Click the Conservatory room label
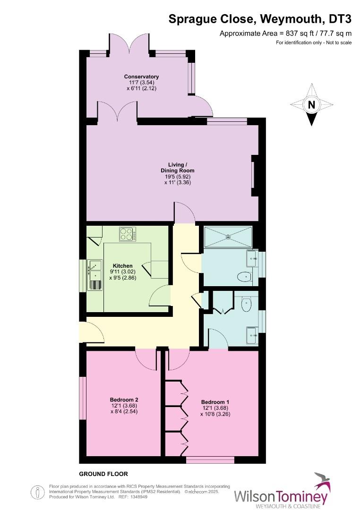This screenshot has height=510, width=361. click(x=141, y=76)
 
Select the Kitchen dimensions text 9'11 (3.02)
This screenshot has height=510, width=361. click(x=122, y=272)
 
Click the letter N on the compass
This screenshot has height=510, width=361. click(x=311, y=105)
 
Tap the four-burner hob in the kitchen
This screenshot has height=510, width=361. click(x=128, y=234)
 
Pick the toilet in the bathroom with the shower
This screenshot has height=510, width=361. click(x=245, y=277)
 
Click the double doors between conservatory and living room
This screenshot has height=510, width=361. click(x=118, y=113)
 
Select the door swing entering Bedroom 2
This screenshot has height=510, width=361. click(x=146, y=360)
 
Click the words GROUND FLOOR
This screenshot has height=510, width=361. click(x=103, y=474)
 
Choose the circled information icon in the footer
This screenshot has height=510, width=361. click(x=37, y=492)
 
